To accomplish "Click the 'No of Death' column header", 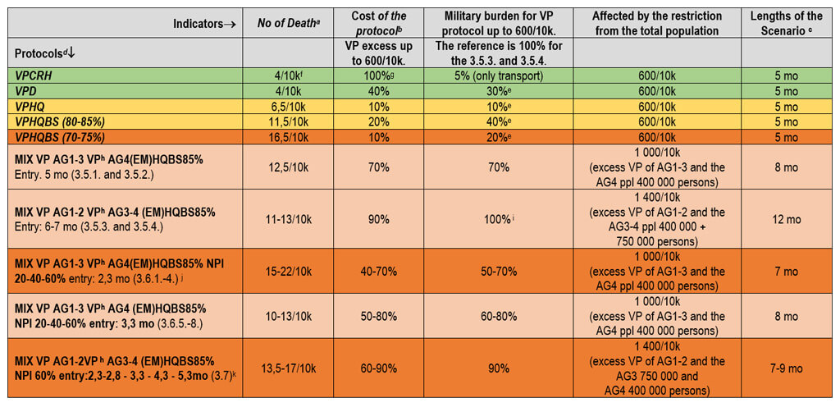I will click(287, 23).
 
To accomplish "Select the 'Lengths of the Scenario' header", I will click(788, 23).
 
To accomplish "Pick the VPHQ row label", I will click(29, 106).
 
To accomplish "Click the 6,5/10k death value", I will click(288, 106).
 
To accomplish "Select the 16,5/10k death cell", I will click(288, 135).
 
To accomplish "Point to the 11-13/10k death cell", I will click(288, 212).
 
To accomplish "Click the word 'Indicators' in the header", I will click(205, 23).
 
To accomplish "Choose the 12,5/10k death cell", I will click(288, 167).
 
